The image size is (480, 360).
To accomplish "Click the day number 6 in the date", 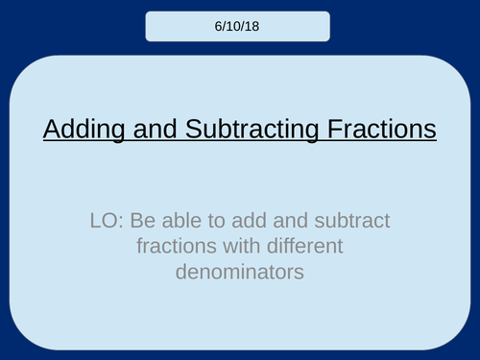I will point(221,26).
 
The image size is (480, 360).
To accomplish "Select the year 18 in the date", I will point(253,26).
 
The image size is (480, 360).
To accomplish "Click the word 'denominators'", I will point(239,272).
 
